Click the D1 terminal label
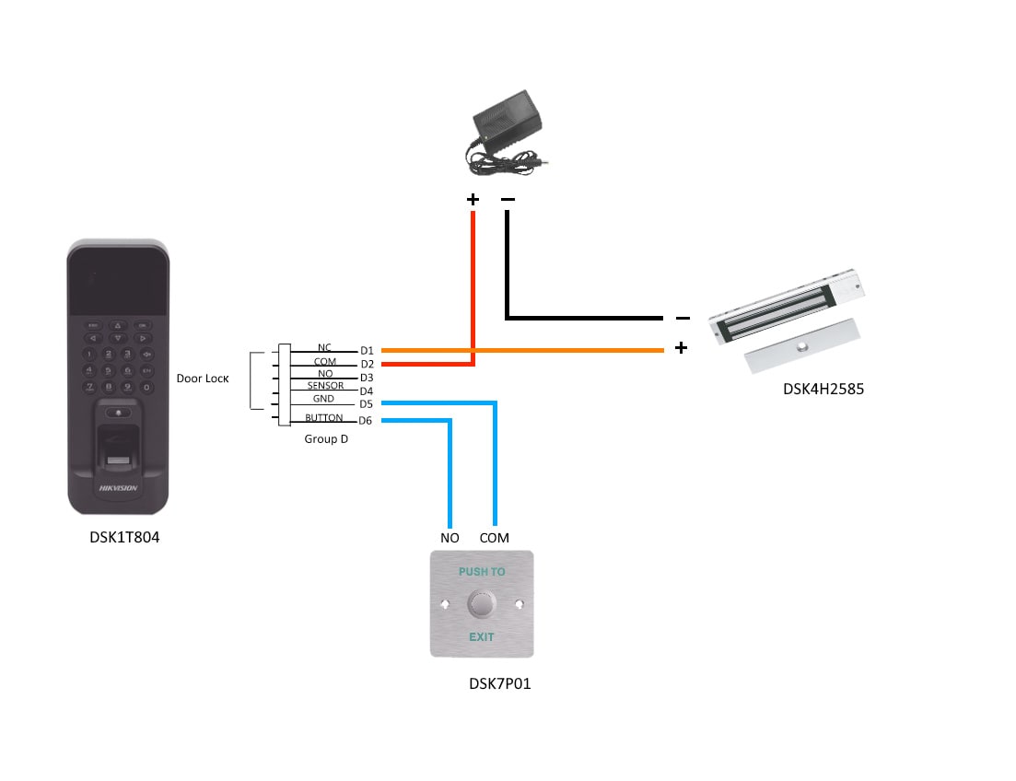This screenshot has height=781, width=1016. [367, 351]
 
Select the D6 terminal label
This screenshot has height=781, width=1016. [366, 421]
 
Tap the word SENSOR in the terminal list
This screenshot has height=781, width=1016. [325, 386]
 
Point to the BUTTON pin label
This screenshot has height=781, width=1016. [323, 418]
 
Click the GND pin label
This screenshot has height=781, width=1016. [323, 400]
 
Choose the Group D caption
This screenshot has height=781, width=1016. [326, 439]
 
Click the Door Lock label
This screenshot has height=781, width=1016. [203, 379]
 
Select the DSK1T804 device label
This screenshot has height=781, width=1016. [119, 537]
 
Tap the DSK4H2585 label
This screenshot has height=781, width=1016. [823, 389]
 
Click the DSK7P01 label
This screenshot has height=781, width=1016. [499, 683]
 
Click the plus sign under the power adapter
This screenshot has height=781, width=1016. [473, 199]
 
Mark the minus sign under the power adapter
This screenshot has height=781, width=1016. [508, 199]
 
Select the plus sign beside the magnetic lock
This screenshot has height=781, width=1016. [681, 348]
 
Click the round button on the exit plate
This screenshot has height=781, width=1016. [481, 604]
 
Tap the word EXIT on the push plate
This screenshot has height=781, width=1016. [481, 637]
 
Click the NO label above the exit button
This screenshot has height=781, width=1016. [450, 538]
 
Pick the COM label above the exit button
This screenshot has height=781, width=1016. [494, 538]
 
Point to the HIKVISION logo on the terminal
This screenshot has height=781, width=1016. [118, 488]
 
